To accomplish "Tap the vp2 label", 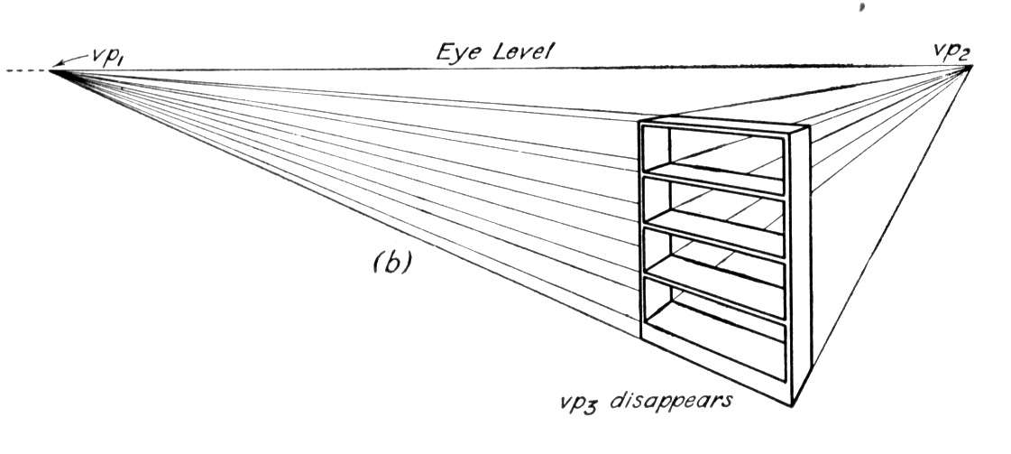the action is coord(951,52).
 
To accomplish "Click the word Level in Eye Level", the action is coord(522,51).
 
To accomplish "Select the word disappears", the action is coord(671,401).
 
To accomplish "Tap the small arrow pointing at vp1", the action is coord(71,60).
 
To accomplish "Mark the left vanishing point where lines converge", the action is coord(51,70).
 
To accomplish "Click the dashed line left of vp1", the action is coord(26,69).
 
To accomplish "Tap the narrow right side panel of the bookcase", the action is coord(800,264).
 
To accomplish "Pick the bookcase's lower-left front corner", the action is coord(641,337).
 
